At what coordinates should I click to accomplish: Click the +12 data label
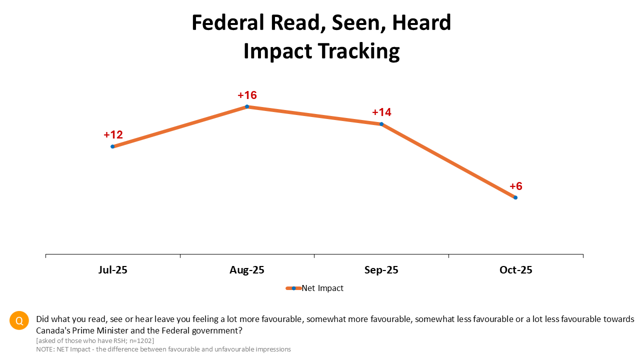click(113, 134)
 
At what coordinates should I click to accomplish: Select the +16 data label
click(247, 95)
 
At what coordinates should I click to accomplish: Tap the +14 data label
click(381, 112)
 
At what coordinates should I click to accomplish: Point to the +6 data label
click(516, 186)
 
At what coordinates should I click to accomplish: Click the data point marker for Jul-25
click(113, 146)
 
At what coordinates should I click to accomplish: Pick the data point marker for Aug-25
click(247, 106)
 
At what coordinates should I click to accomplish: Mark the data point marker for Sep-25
click(381, 124)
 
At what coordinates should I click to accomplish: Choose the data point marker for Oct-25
click(515, 197)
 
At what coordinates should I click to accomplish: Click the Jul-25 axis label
click(113, 270)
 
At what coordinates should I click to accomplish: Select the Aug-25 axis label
click(247, 270)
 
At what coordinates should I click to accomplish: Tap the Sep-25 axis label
click(381, 270)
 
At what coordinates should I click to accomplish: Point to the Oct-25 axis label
click(516, 270)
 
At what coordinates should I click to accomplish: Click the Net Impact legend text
click(322, 288)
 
